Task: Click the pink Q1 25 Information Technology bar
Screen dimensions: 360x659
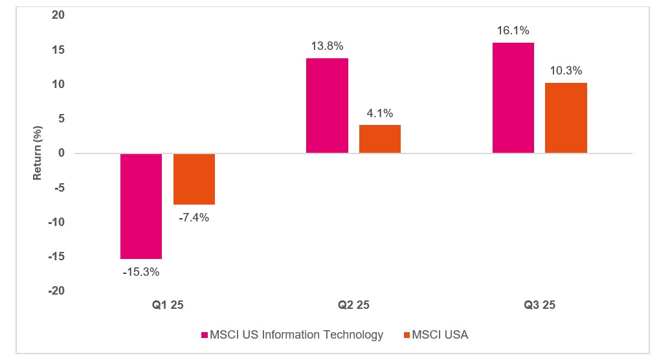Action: click(140, 206)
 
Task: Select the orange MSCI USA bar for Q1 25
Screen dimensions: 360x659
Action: click(194, 179)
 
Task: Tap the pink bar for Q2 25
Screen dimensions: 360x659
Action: click(327, 106)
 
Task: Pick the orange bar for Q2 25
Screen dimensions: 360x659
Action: click(380, 139)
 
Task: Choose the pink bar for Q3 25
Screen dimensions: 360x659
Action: click(513, 98)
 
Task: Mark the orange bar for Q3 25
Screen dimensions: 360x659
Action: click(566, 118)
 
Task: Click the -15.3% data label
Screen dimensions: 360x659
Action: click(140, 272)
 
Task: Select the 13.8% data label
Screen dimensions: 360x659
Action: click(327, 47)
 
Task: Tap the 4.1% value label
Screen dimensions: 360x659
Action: click(380, 113)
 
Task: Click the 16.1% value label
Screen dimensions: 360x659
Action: click(513, 30)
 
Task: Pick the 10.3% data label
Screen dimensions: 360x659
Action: click(566, 71)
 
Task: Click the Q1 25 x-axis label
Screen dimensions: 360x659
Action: click(167, 305)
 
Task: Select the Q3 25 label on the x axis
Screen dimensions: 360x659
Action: click(539, 305)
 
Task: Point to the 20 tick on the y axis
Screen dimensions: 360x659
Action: click(60, 16)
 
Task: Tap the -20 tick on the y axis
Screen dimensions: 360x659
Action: click(57, 291)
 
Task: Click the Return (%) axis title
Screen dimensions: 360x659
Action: click(38, 153)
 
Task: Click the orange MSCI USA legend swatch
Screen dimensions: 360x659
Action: click(407, 335)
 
